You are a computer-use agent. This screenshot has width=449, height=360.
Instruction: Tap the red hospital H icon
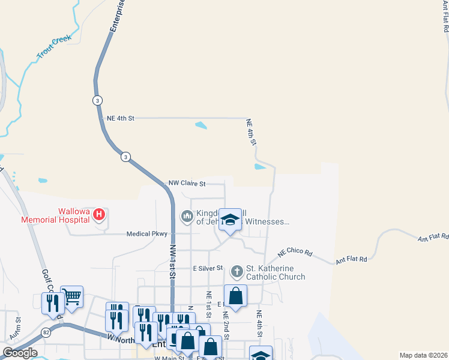pos(100,213)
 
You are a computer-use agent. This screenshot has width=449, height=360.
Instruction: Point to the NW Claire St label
pos(187,184)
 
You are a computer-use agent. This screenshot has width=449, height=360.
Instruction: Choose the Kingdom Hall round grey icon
pos(187,215)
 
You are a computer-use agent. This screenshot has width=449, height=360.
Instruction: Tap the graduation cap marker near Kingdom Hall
pos(230,220)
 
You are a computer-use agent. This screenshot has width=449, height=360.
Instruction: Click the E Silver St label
pos(207,268)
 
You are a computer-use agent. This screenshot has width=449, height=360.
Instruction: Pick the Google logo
pos(19,353)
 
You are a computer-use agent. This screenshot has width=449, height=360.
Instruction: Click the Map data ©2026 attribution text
pos(423,355)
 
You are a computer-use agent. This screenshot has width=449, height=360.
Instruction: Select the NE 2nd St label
pos(227,324)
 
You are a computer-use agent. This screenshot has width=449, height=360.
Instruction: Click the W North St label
pos(122,338)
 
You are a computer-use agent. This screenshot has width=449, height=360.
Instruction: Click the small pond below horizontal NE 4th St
pos(201,126)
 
